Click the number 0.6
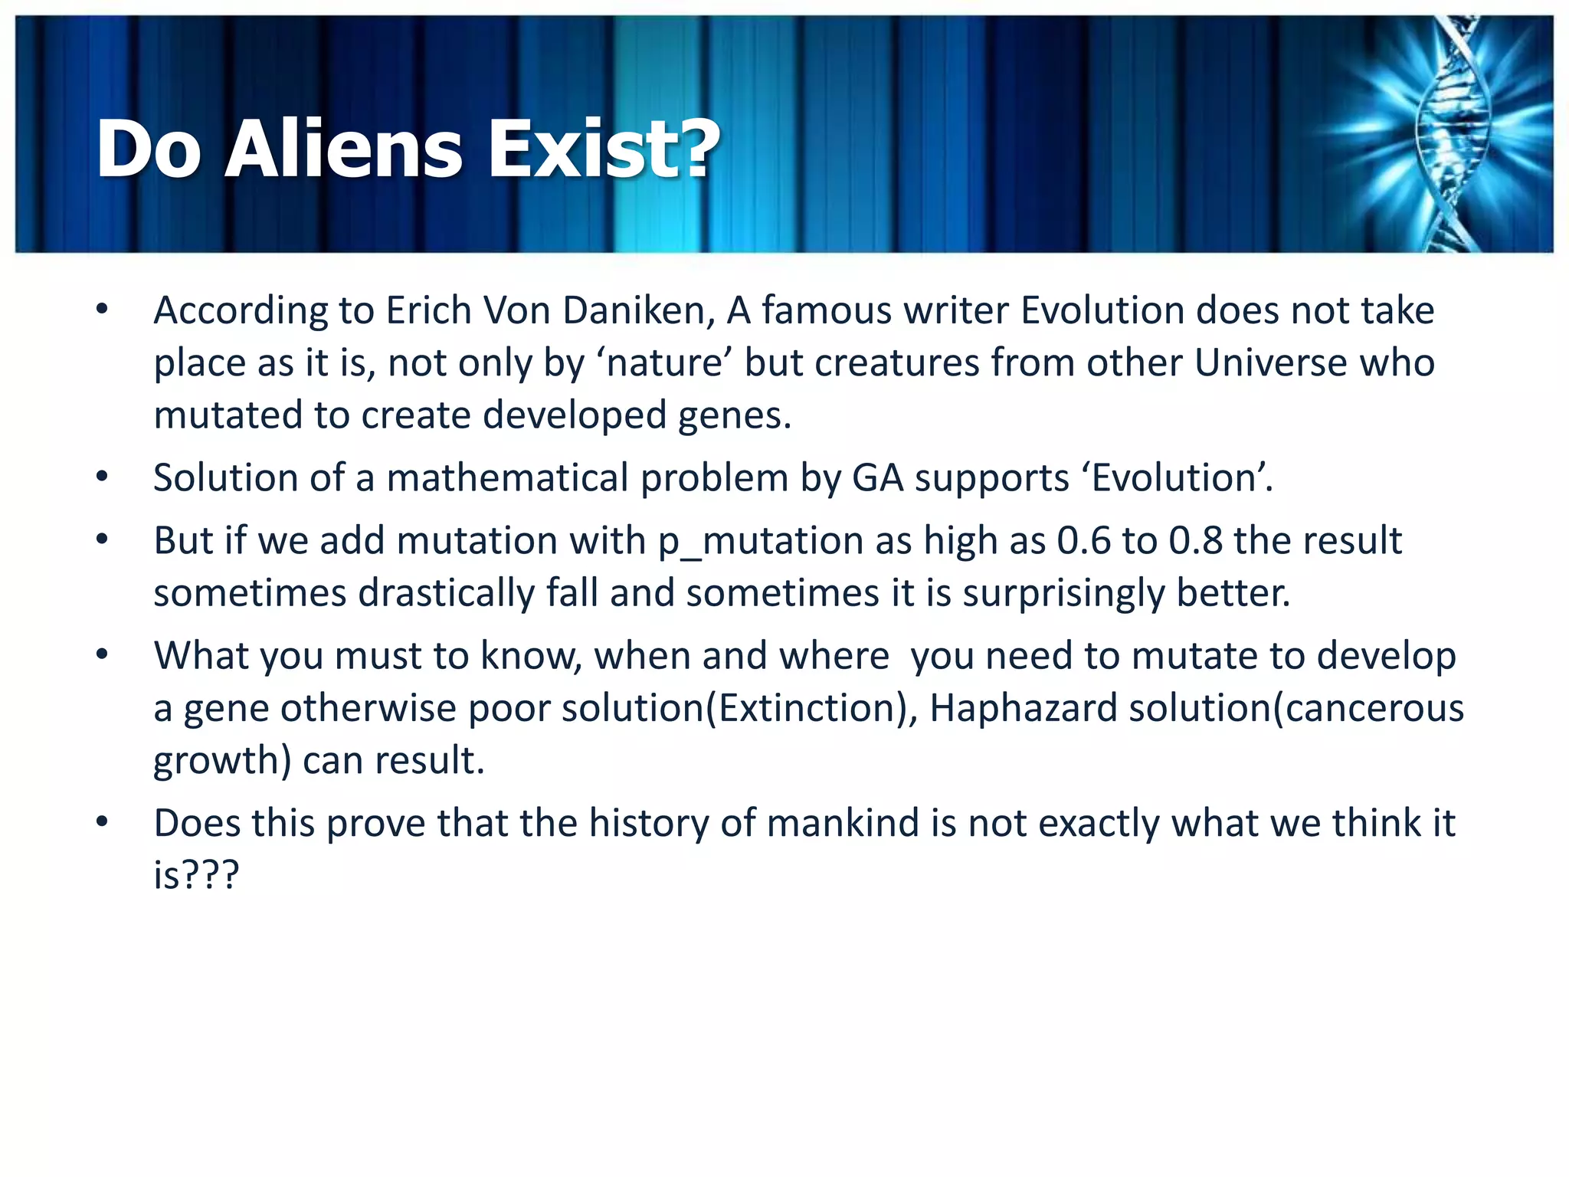[1083, 541]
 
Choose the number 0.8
[1195, 541]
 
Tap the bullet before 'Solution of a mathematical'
[103, 477]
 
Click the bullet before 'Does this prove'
[103, 823]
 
